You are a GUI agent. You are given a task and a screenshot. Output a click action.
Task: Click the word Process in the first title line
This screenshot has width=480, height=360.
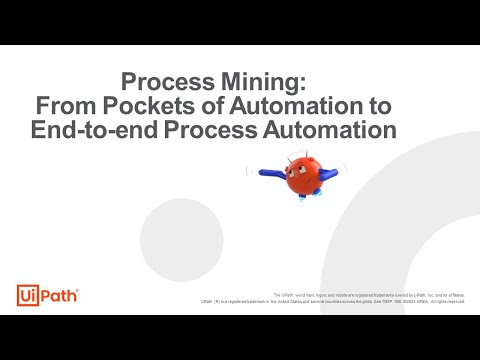click(x=165, y=81)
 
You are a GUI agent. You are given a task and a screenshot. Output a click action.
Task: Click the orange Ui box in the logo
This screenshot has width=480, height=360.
click(x=28, y=295)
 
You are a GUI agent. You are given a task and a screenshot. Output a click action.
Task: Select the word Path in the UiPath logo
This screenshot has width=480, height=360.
click(x=58, y=295)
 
